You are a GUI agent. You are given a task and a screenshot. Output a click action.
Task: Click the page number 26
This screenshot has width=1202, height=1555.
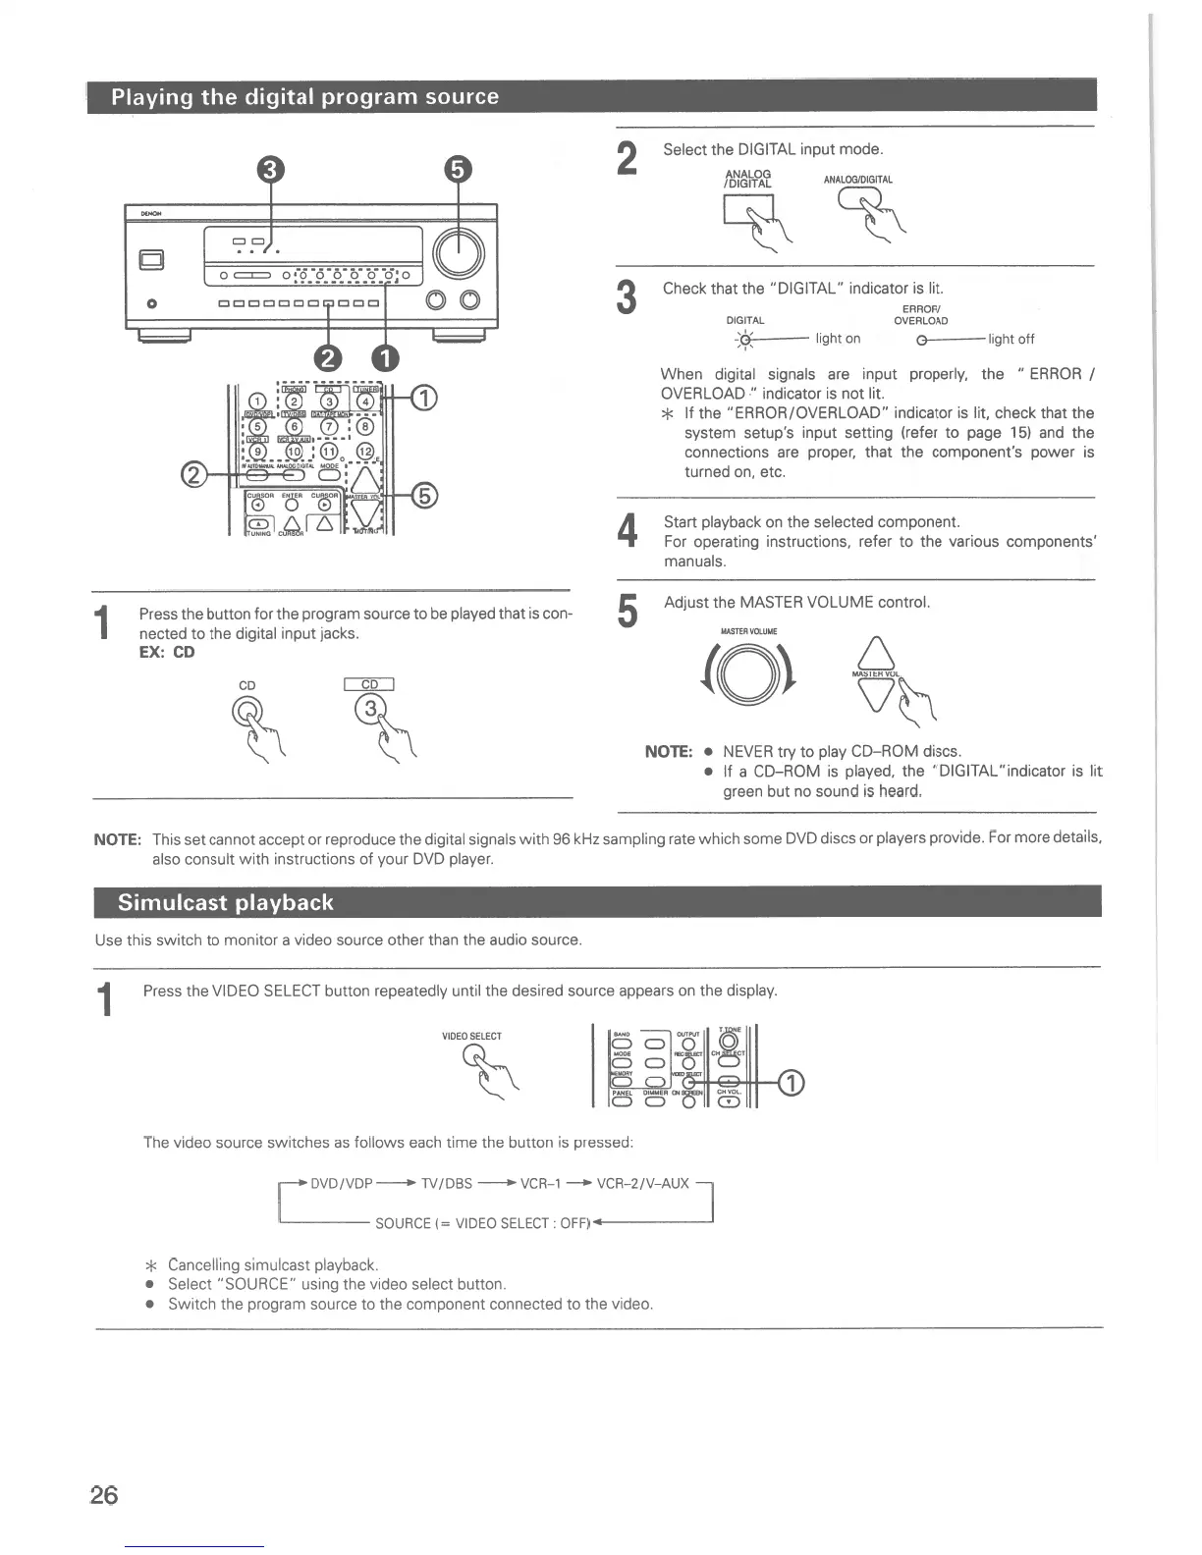tap(104, 1494)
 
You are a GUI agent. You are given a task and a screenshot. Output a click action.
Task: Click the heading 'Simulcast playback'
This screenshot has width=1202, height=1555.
tap(225, 902)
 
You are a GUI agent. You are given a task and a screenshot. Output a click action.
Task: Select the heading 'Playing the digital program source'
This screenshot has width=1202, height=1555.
tap(304, 96)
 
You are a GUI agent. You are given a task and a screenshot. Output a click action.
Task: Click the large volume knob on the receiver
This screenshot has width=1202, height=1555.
tap(459, 253)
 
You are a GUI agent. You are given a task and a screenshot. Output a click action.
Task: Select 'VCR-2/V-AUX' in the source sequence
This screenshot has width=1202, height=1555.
tap(643, 1183)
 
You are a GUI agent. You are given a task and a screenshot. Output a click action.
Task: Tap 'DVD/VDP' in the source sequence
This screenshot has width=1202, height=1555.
tap(341, 1183)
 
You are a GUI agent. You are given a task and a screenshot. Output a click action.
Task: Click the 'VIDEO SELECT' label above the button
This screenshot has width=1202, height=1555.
tap(471, 1036)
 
